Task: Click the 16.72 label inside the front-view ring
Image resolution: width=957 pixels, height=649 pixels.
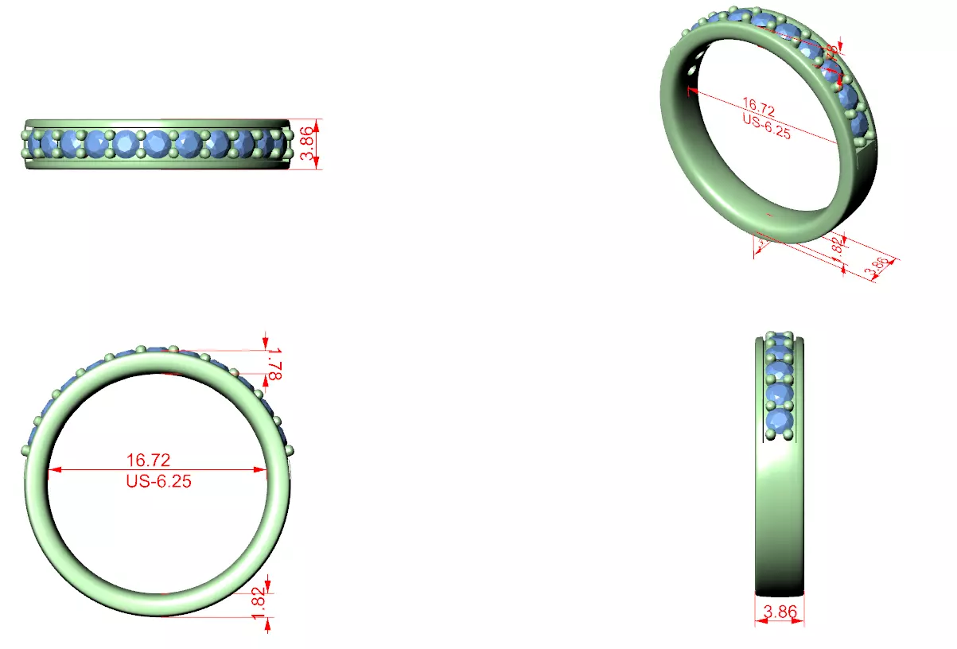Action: (x=148, y=460)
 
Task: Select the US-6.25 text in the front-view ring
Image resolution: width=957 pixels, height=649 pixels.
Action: (x=158, y=481)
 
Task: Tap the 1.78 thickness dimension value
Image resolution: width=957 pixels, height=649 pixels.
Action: (x=274, y=364)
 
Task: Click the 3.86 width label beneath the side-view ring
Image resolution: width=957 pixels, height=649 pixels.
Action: (x=780, y=612)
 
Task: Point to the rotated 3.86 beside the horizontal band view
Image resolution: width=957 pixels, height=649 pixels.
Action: (x=304, y=143)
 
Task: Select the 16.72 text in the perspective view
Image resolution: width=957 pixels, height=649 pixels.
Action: (x=758, y=104)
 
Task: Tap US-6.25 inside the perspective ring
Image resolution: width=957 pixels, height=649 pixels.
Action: (x=766, y=126)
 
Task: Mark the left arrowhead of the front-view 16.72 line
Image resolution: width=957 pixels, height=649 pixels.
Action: (x=53, y=470)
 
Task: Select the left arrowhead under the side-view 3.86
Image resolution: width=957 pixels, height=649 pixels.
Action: (x=758, y=622)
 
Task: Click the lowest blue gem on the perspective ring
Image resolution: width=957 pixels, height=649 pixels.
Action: (x=858, y=123)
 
